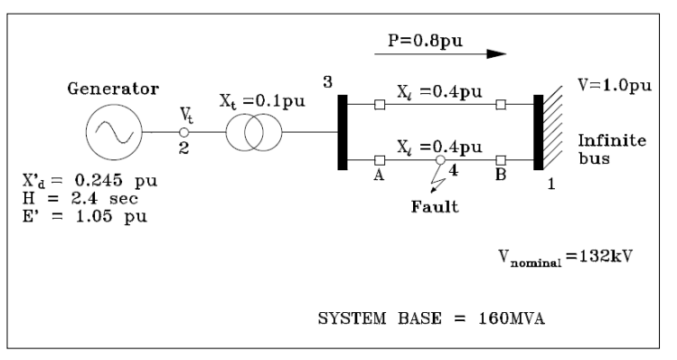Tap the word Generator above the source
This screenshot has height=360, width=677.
point(114,90)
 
